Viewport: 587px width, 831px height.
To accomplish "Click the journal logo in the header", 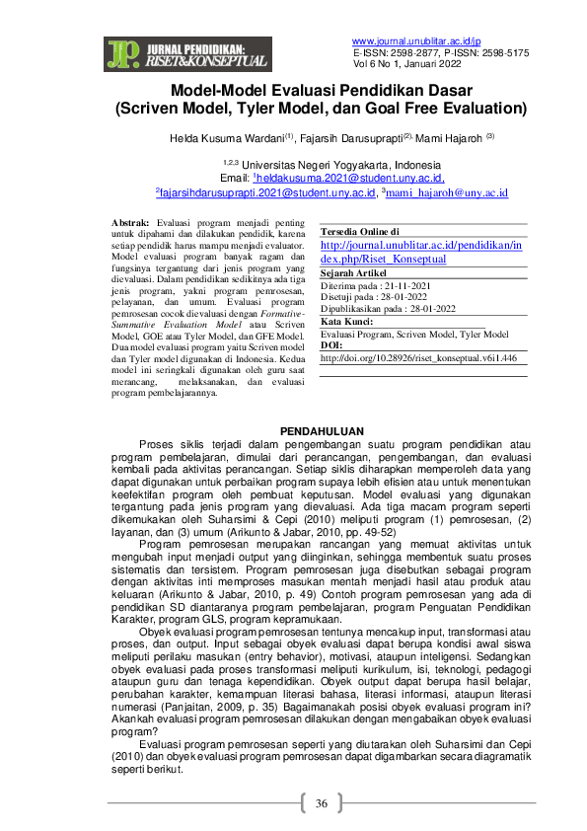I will (x=186, y=55).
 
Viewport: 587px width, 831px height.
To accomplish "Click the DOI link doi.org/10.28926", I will (x=418, y=359).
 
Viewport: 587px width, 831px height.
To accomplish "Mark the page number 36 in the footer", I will (x=321, y=804).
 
